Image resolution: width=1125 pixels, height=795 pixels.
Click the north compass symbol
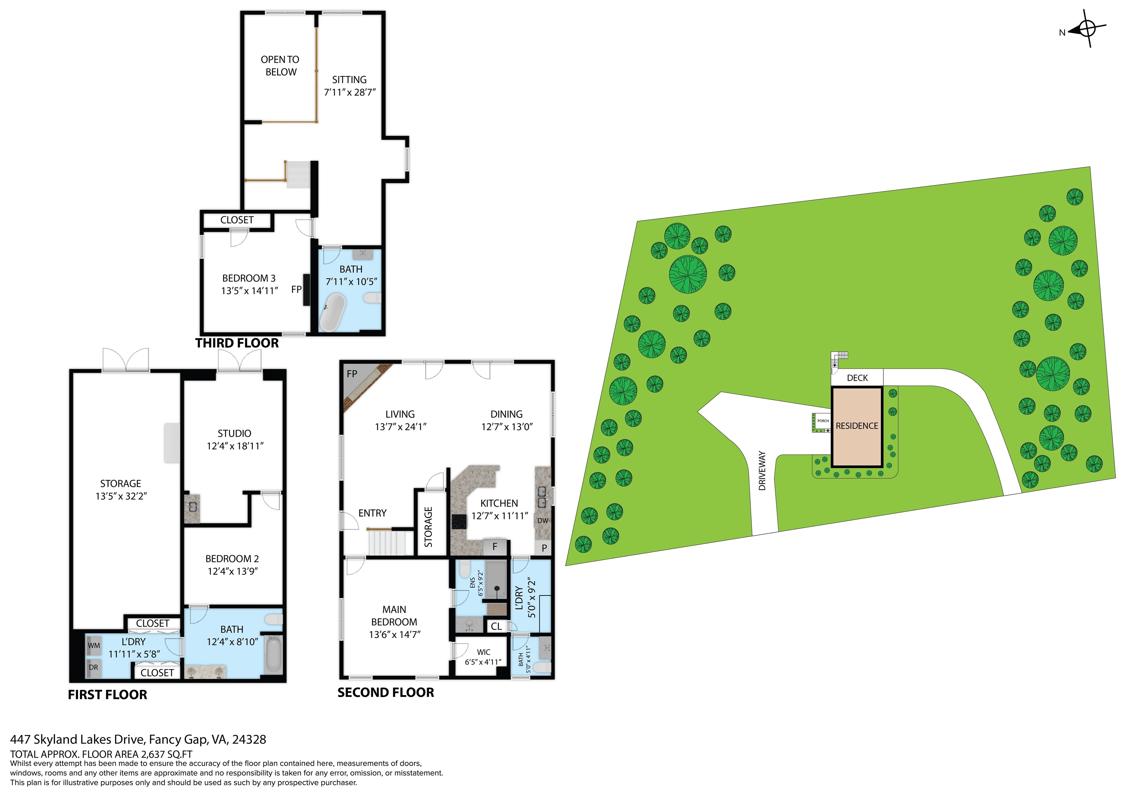click(x=1087, y=29)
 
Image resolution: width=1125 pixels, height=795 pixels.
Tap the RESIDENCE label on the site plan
click(x=857, y=426)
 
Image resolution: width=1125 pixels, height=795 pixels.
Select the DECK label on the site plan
click(x=857, y=378)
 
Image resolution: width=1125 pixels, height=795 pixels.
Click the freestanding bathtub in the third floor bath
click(x=333, y=311)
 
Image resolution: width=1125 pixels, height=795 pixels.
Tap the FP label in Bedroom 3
click(x=296, y=290)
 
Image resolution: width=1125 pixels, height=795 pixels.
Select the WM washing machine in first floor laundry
click(x=94, y=646)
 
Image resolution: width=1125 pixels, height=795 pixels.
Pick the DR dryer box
click(x=93, y=668)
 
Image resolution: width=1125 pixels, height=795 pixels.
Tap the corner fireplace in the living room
click(x=363, y=385)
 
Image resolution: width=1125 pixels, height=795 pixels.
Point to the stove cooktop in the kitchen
click(x=458, y=521)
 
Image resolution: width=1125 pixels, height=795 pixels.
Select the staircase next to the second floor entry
click(x=387, y=543)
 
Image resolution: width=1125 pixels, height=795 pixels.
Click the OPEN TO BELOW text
click(x=280, y=66)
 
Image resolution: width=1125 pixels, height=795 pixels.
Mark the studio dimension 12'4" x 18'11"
click(x=235, y=446)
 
